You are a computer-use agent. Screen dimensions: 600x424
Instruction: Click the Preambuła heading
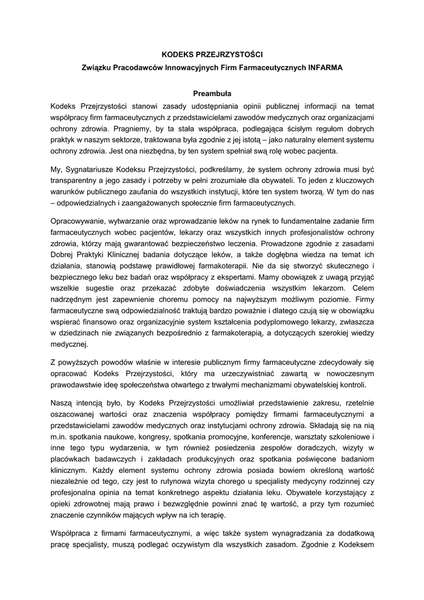[x=212, y=93]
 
